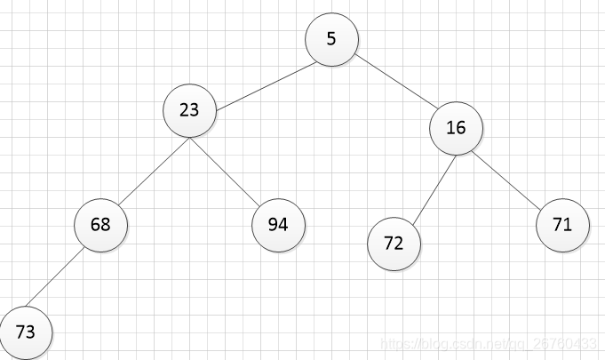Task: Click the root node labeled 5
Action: tap(331, 39)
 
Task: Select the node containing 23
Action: tap(189, 110)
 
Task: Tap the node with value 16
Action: tap(456, 128)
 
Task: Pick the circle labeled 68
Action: tap(100, 225)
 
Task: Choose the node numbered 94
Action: tap(278, 225)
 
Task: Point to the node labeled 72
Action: tap(394, 244)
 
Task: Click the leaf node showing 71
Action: tap(562, 225)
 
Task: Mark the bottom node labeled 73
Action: tap(26, 332)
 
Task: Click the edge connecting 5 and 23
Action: tap(267, 86)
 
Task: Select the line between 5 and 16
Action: tap(396, 82)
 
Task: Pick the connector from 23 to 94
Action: tap(225, 172)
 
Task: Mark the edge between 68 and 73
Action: tap(54, 277)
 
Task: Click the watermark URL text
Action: tap(489, 343)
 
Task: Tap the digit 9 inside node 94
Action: tap(273, 225)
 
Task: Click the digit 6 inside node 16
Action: tap(461, 128)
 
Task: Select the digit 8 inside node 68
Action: tap(106, 225)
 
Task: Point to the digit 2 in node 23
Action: tap(185, 110)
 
